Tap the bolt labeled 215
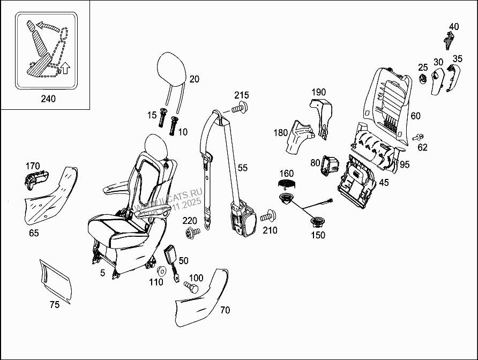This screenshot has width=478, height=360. (240, 109)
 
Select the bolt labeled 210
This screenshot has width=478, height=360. (268, 217)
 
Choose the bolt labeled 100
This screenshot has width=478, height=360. (191, 287)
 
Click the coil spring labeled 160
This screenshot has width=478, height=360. (287, 183)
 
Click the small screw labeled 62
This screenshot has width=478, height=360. (417, 137)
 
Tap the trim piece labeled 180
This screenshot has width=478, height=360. (296, 138)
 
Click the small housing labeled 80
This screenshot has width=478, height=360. (329, 166)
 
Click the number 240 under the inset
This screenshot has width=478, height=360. (48, 99)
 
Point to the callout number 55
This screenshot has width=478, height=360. (243, 168)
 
